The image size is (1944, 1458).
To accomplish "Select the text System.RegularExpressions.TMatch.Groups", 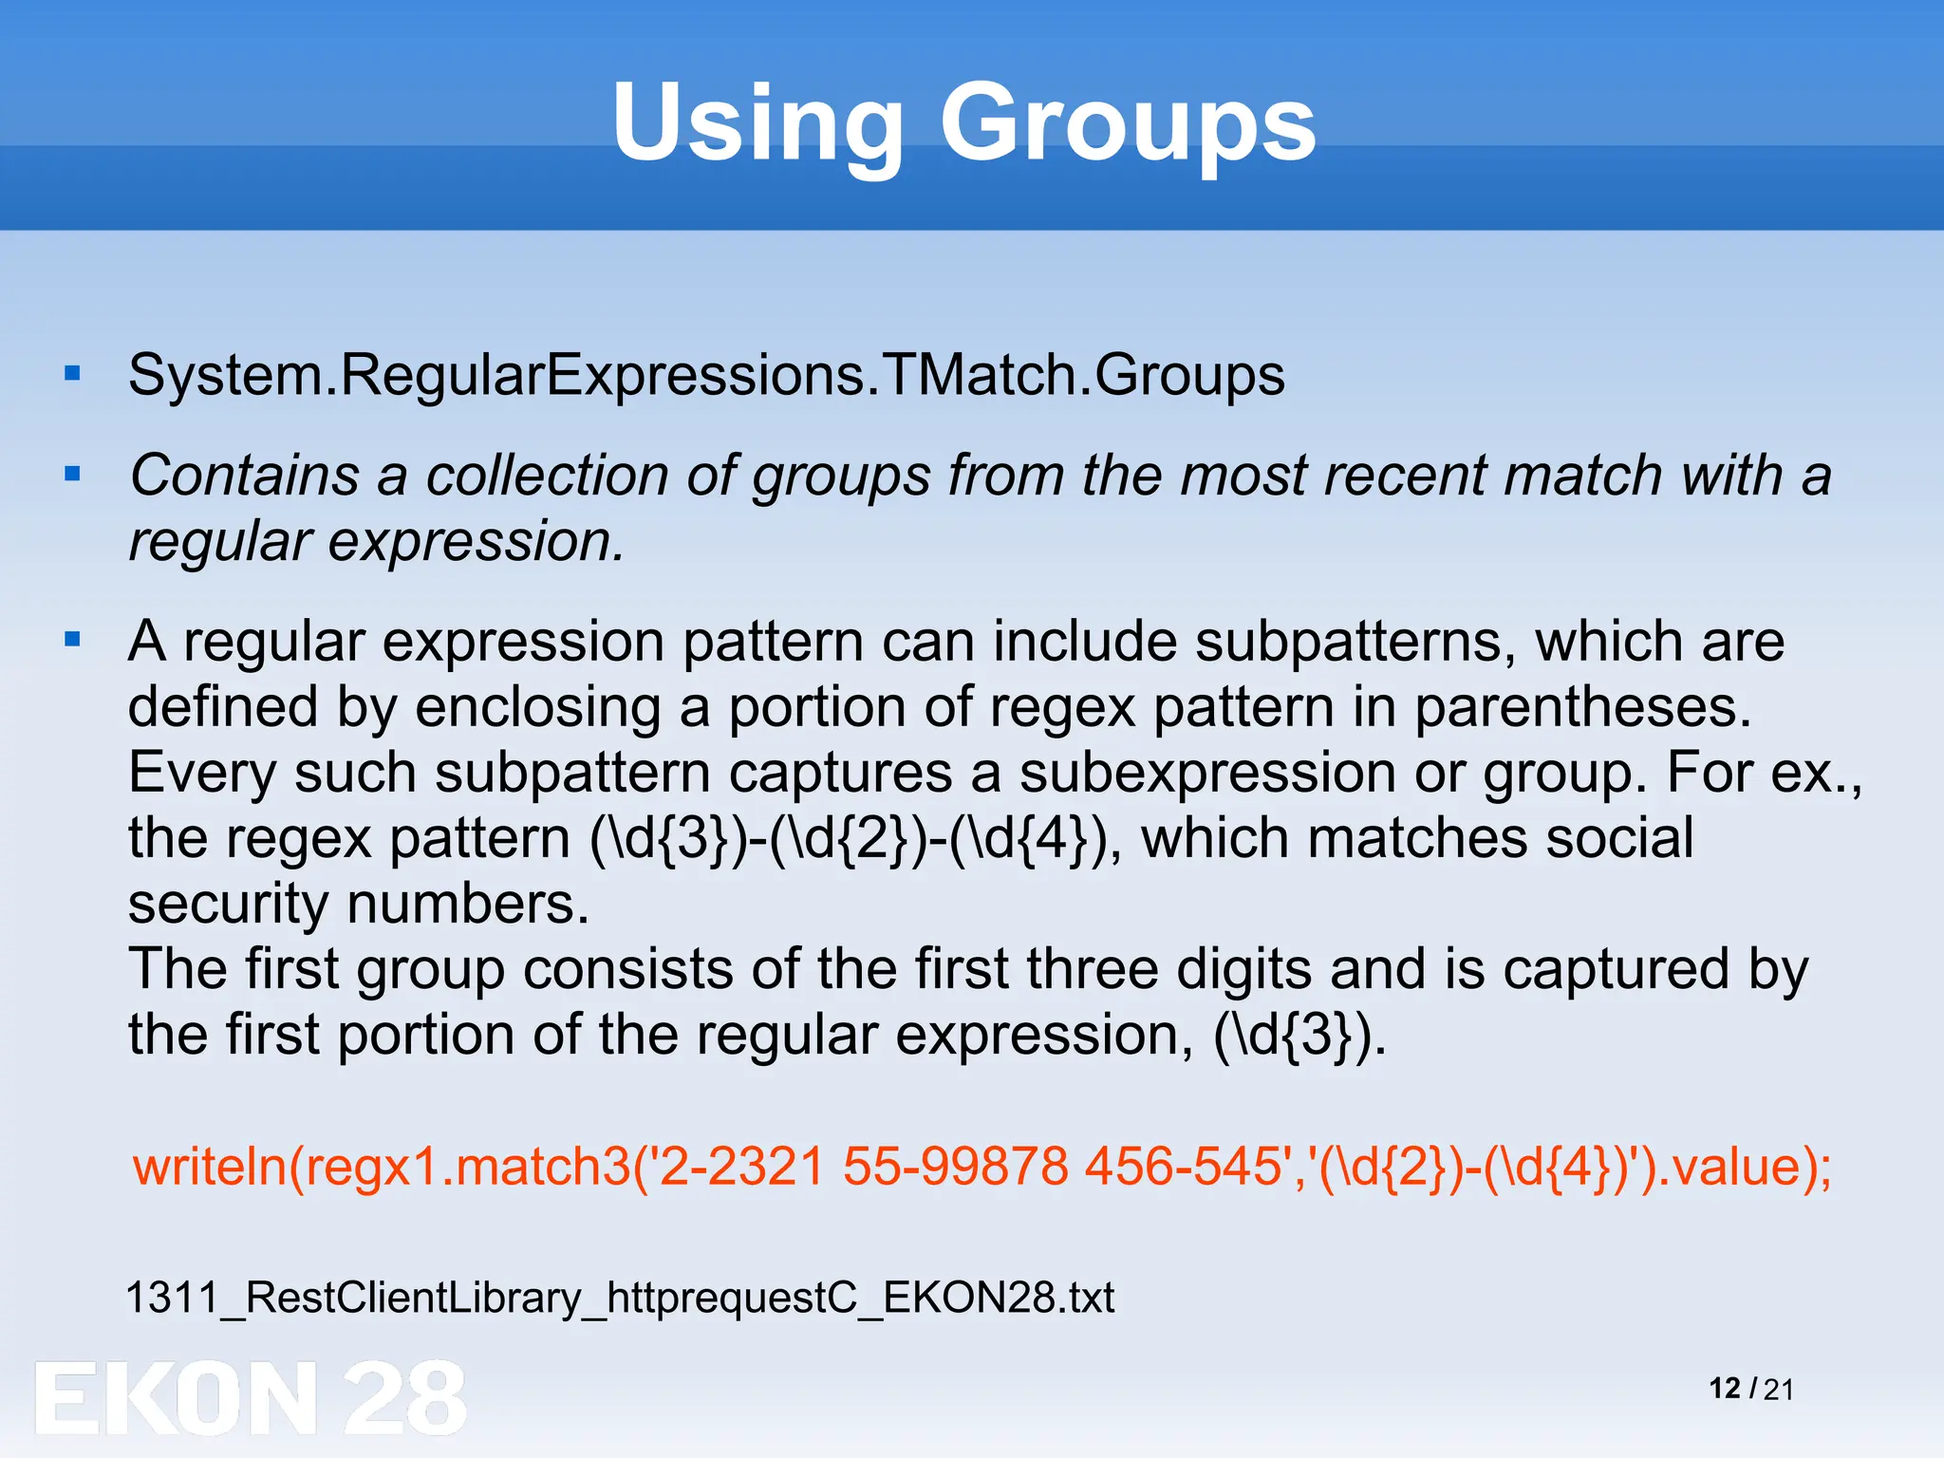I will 706,375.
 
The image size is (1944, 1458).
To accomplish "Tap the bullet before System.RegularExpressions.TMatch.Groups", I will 73,374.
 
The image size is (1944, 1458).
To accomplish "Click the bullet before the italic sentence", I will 73,473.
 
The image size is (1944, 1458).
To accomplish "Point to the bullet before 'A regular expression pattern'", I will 73,640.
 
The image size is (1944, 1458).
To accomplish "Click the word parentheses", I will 1582,708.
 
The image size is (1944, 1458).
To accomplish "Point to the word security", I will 228,904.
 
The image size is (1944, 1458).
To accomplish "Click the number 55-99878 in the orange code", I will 955,1166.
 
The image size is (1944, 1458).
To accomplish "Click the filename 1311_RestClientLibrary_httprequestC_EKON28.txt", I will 620,1298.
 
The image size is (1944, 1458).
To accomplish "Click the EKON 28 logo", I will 251,1397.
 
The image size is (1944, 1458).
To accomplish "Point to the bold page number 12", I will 1725,1389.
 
